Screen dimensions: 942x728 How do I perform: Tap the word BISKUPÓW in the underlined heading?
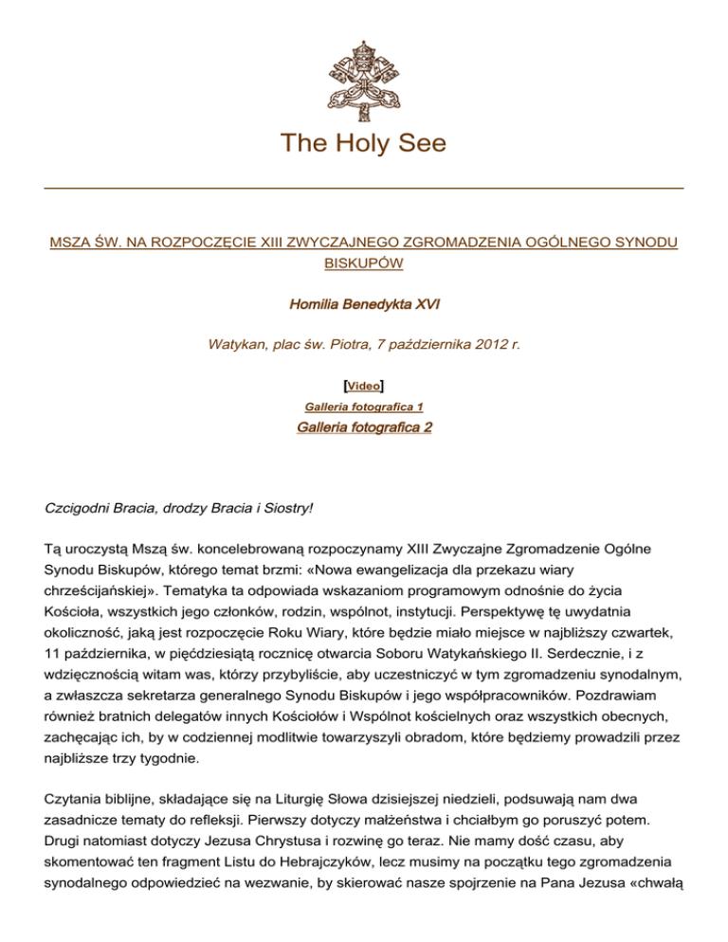364,263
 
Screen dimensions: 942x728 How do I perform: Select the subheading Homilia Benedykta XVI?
364,303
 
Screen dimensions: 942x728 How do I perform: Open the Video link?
364,387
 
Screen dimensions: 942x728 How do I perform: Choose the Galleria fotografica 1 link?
364,407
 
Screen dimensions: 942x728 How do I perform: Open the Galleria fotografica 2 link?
364,427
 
